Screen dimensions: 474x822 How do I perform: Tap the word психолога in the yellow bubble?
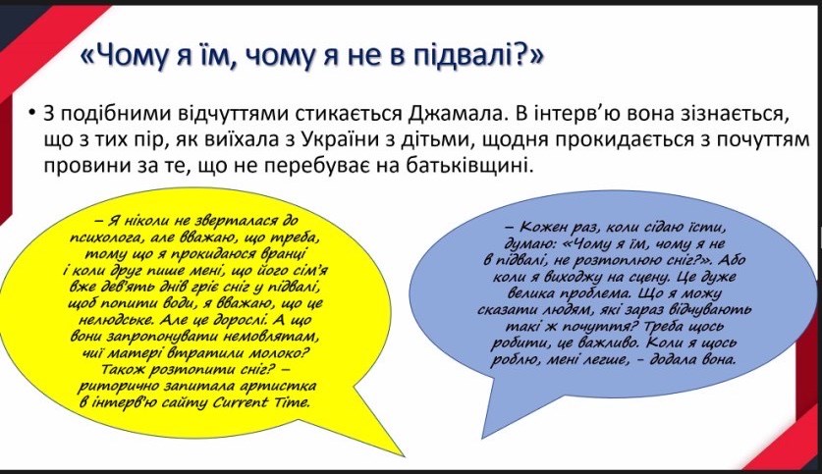[103, 236]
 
